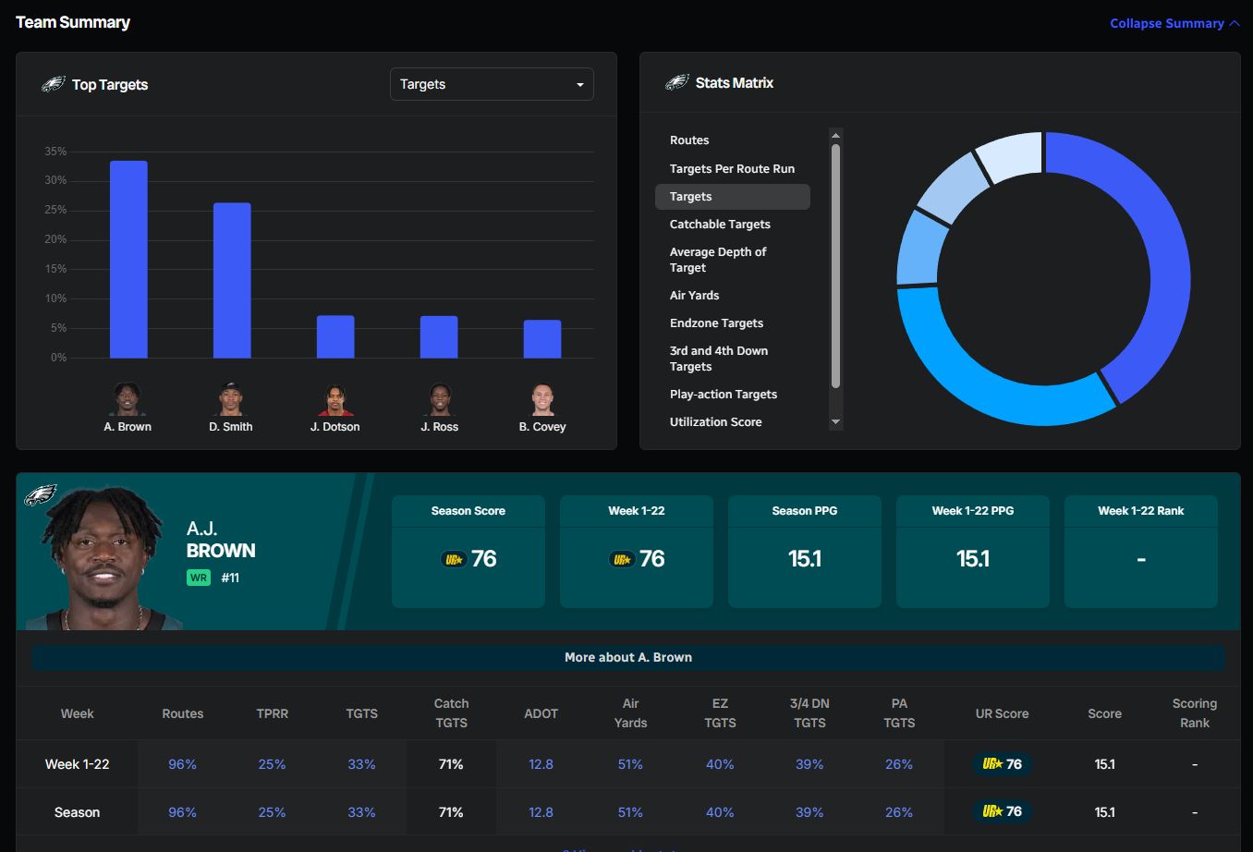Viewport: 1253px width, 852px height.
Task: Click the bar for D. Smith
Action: coord(232,280)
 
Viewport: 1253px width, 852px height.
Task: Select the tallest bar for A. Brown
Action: coord(128,260)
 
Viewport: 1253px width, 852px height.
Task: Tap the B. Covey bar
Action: coord(542,339)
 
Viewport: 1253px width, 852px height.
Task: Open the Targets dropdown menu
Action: coord(492,84)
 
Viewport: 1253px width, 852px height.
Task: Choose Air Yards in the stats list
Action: coord(694,296)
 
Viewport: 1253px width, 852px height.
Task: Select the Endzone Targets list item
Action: coord(716,323)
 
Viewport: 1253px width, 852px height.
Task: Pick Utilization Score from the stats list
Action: coord(715,422)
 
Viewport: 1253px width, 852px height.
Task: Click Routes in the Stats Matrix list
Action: coord(689,140)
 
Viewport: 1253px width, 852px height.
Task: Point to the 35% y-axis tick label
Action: coord(55,152)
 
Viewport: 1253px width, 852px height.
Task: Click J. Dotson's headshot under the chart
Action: coord(335,400)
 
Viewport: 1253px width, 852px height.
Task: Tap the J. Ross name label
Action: coord(439,427)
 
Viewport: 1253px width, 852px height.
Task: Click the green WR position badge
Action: coord(199,578)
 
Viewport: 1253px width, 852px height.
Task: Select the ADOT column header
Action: coord(541,713)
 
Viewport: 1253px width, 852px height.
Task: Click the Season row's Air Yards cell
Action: coord(630,812)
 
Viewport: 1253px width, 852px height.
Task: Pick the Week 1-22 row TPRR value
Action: coord(272,764)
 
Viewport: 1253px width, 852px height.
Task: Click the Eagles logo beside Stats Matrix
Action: coord(677,83)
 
